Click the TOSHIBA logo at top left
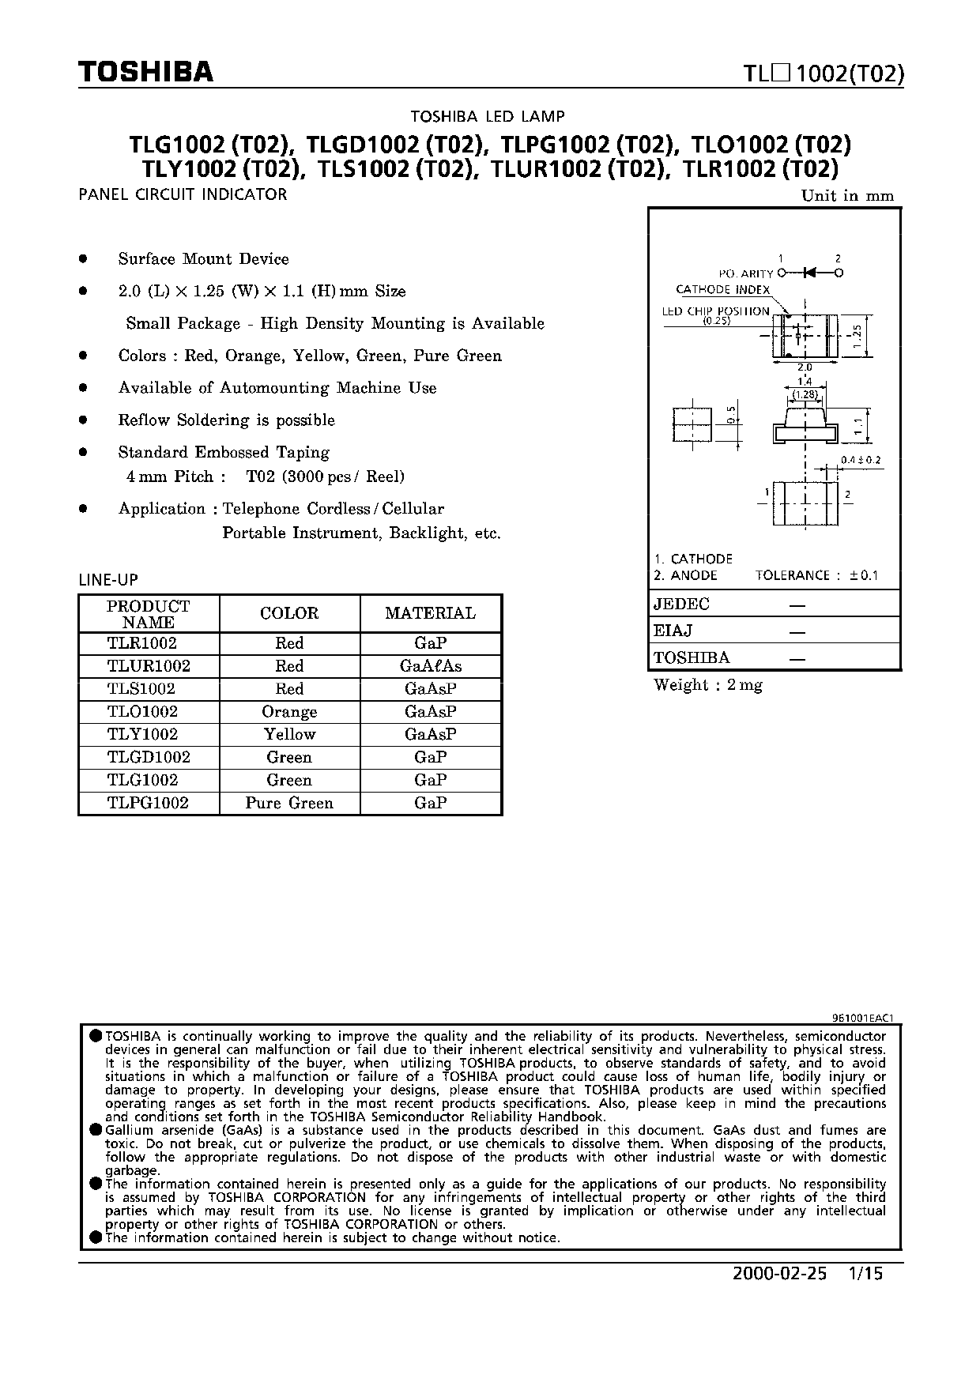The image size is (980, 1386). click(x=146, y=73)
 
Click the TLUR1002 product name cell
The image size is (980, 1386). click(x=149, y=666)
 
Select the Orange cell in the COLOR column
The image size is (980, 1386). click(x=289, y=712)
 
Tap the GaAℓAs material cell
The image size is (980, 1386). click(x=431, y=666)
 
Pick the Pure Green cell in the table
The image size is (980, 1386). click(x=289, y=803)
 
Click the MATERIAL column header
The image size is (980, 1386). click(x=431, y=613)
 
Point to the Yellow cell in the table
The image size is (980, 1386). click(x=289, y=734)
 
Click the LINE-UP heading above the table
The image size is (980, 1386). click(x=108, y=580)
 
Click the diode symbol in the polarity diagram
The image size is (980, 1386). click(x=808, y=273)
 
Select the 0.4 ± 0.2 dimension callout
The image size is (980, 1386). click(x=861, y=460)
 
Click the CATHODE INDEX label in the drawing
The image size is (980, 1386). click(x=722, y=290)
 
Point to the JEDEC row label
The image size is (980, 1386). click(x=681, y=604)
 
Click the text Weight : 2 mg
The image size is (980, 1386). click(x=708, y=685)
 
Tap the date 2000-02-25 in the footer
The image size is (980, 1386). click(x=779, y=1274)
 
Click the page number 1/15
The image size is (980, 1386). click(x=864, y=1274)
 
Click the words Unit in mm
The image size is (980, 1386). click(x=847, y=196)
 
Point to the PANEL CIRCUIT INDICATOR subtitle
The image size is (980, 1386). click(x=183, y=194)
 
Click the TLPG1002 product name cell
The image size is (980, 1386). click(x=149, y=803)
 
